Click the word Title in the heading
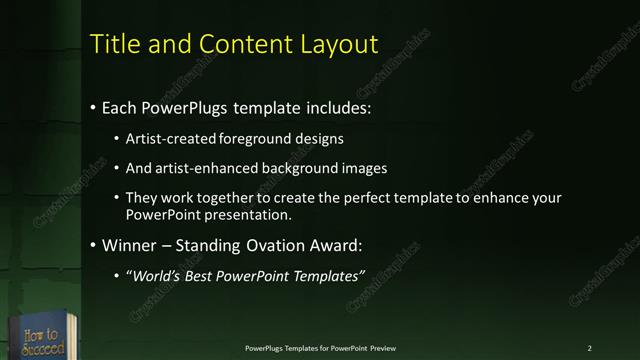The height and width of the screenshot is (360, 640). click(x=114, y=44)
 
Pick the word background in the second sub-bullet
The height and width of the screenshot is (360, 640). click(x=294, y=168)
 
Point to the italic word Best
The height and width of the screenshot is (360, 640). click(x=202, y=276)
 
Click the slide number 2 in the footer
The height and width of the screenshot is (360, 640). click(x=589, y=348)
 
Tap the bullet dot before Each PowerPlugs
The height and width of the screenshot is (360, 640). click(x=93, y=106)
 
